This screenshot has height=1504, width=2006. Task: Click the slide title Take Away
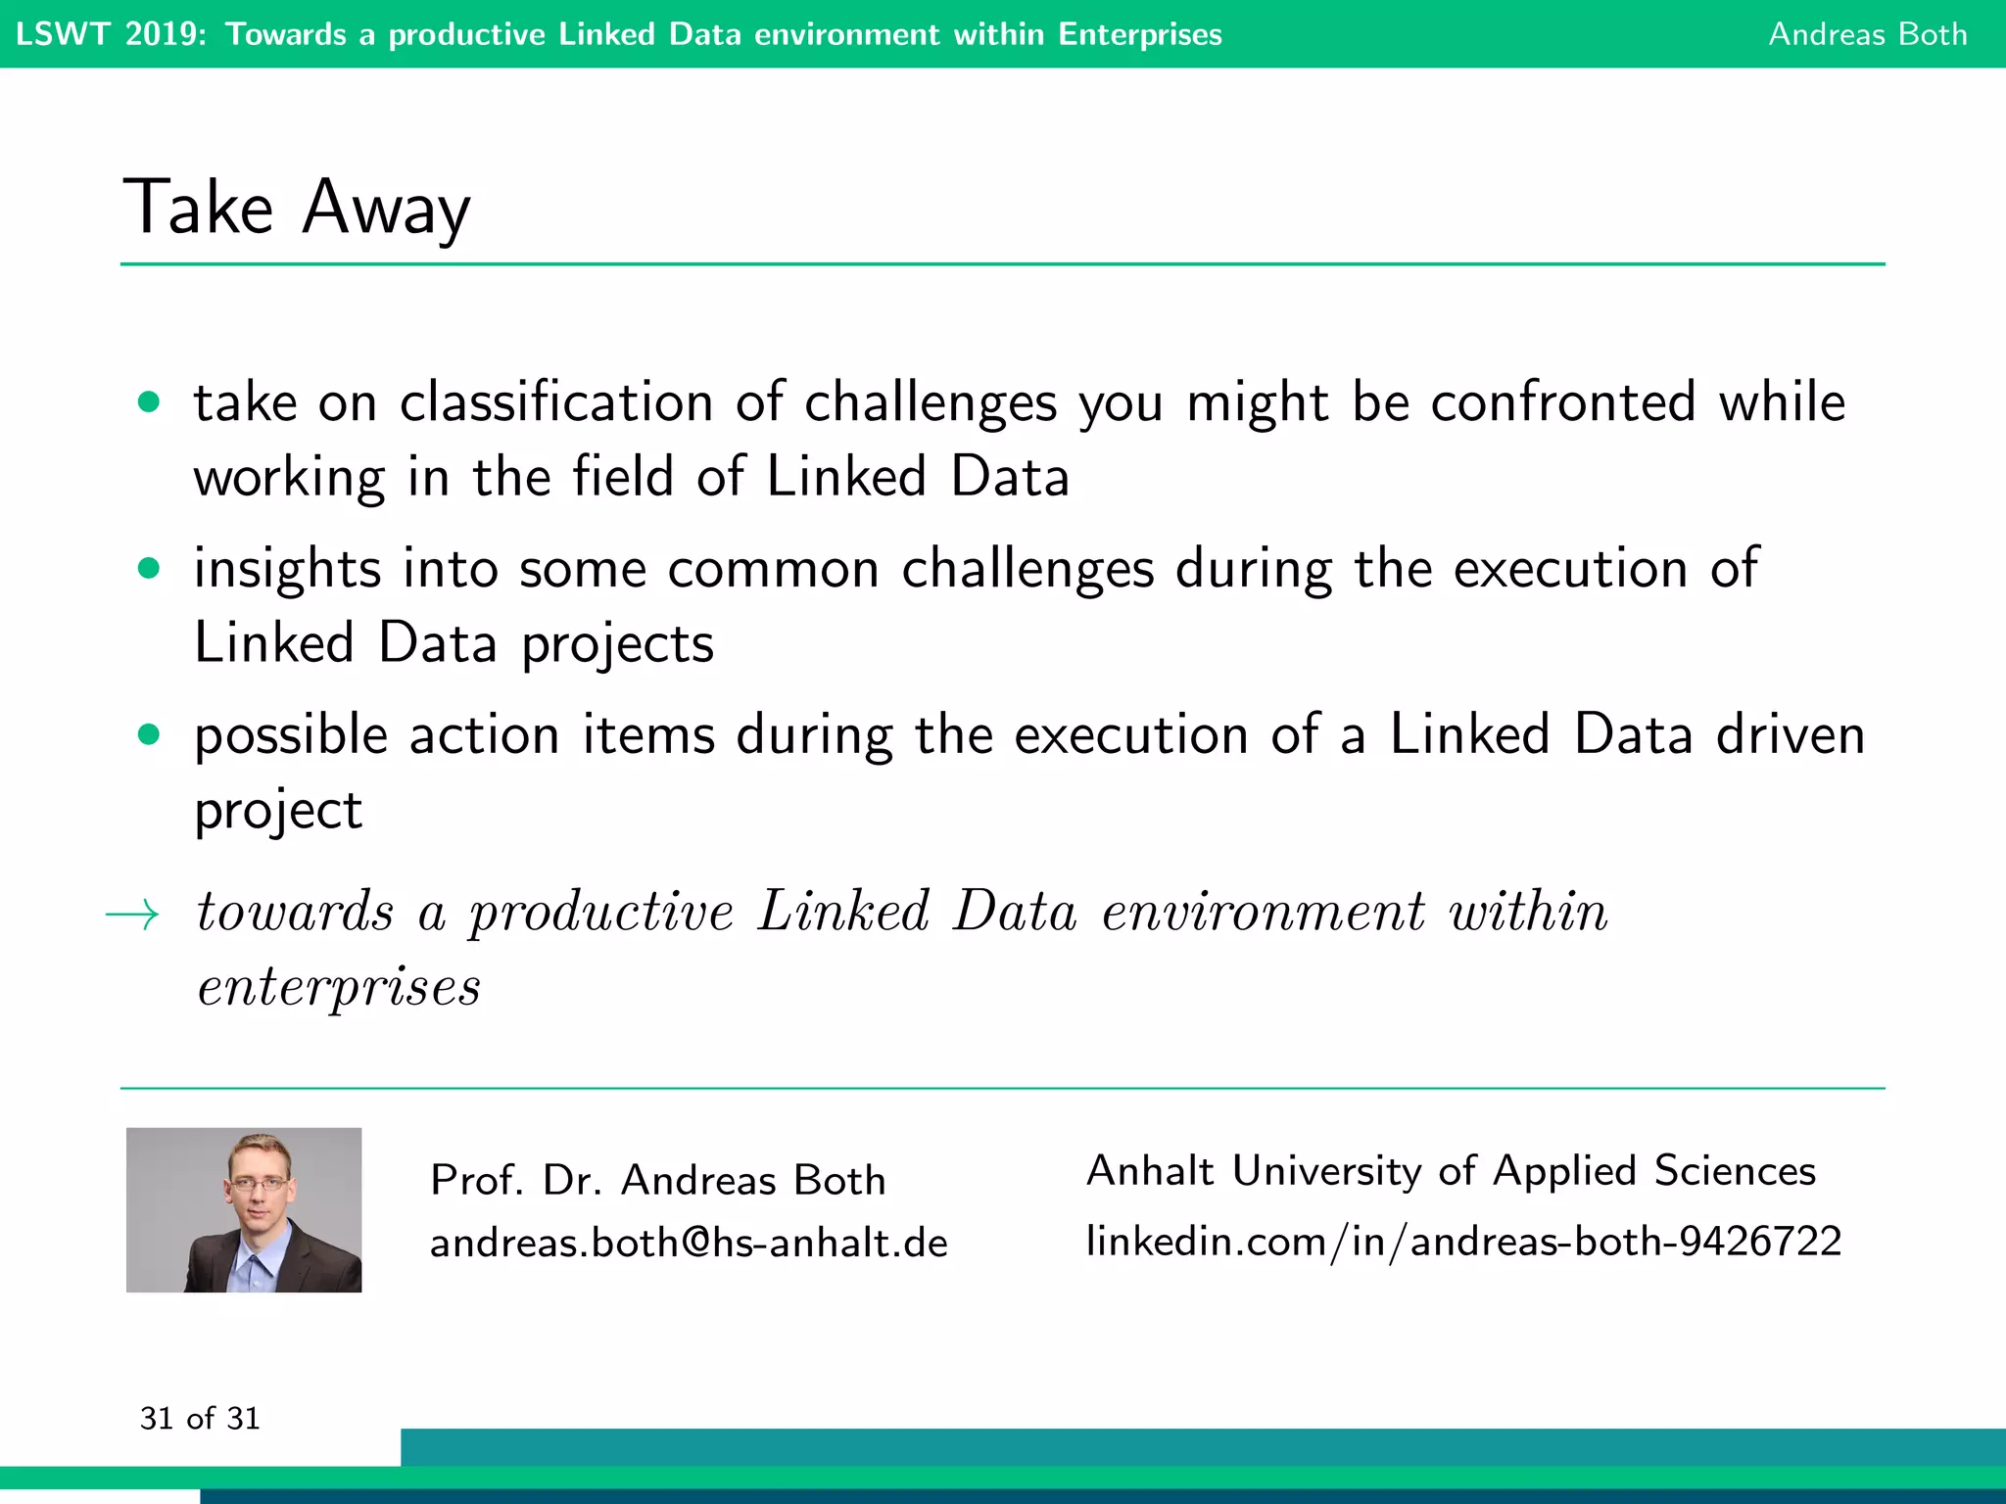[296, 208]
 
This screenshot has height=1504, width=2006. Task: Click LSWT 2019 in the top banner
[111, 34]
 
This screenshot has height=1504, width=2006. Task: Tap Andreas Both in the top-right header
[1867, 34]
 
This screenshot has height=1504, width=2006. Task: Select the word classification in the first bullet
[556, 403]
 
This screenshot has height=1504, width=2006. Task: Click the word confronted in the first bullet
[1562, 403]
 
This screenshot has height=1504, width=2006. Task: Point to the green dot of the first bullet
[149, 401]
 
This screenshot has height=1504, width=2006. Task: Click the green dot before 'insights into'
[149, 568]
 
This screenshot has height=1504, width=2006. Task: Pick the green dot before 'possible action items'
[149, 734]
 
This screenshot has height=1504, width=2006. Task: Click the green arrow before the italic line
[132, 915]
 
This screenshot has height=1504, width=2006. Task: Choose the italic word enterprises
[339, 987]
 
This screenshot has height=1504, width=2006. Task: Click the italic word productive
[600, 913]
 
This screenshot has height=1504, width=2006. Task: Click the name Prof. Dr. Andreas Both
[658, 1180]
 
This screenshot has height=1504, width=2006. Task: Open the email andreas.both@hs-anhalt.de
[689, 1243]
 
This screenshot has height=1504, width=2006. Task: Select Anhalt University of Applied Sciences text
[1451, 1171]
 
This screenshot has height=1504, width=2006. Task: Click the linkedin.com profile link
[1463, 1242]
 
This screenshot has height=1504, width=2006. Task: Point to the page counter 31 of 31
[200, 1419]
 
